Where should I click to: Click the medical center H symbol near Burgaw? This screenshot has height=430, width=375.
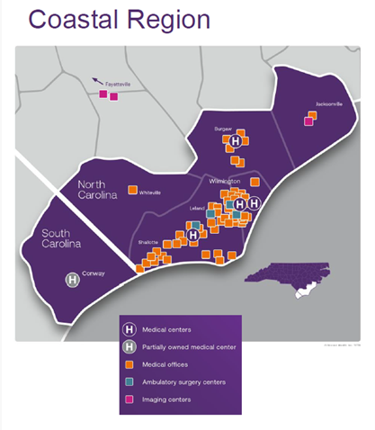[x=236, y=141]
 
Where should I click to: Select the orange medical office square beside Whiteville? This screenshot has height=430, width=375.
[x=132, y=190]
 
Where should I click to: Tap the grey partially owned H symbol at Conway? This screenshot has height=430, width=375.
[x=73, y=281]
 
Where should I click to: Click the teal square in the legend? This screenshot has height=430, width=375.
[x=129, y=382]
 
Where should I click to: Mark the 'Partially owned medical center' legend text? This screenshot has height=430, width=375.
[x=185, y=347]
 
